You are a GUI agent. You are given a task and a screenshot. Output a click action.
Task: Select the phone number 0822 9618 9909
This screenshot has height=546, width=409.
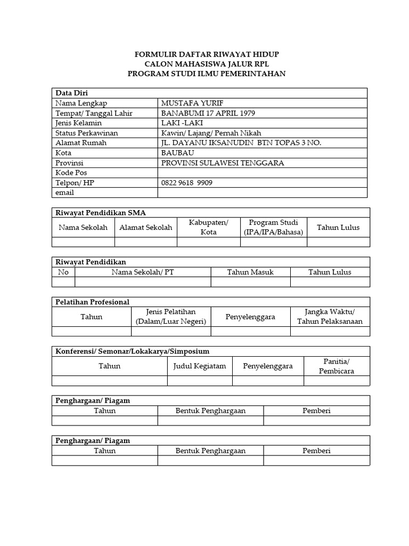pos(187,183)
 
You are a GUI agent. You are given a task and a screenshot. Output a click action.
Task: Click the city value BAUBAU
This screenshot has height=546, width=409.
pos(178,153)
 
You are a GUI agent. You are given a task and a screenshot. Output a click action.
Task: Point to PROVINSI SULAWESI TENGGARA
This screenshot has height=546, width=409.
pos(223,163)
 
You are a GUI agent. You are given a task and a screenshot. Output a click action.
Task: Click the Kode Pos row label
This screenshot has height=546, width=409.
pos(71,173)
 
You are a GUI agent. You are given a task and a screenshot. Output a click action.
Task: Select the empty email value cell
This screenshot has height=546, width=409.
pos(263,193)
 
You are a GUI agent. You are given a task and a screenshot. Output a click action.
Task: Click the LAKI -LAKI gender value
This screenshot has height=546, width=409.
pos(182,123)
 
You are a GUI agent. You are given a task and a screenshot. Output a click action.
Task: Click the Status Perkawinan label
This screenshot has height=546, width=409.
pos(87,133)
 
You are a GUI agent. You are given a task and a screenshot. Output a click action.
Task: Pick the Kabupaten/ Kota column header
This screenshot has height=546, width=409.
pos(209,227)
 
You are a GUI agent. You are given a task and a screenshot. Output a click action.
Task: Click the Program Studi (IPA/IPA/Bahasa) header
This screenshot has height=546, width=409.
pos(274,227)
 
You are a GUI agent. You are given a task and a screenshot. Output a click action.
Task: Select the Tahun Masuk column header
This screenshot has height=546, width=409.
pos(250,272)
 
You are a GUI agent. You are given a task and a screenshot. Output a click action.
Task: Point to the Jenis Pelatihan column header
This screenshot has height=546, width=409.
pos(171,317)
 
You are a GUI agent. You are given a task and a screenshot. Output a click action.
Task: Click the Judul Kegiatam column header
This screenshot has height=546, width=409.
pos(200,366)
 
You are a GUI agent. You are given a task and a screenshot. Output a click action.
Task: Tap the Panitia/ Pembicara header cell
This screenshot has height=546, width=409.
pos(336,366)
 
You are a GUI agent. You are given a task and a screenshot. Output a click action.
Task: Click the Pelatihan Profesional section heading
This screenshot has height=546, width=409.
pos(93,302)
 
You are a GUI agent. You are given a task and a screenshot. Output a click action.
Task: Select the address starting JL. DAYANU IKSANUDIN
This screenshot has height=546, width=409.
pos(241,143)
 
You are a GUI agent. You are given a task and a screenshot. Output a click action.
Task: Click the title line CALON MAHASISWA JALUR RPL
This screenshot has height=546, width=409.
pos(207,64)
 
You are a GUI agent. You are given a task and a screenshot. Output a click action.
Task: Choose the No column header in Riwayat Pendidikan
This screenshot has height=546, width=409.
pos(63,272)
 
